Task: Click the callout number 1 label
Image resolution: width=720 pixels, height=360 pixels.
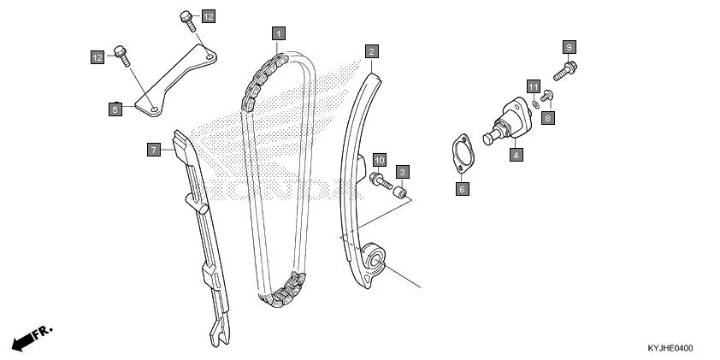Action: point(278,33)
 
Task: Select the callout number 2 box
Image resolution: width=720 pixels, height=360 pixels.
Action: point(371,51)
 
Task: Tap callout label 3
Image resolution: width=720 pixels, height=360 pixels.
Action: point(402,172)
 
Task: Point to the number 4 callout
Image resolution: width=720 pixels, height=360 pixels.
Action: point(516,155)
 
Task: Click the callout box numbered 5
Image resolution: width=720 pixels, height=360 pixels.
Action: point(115,109)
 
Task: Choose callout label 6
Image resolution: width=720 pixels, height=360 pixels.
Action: point(462,188)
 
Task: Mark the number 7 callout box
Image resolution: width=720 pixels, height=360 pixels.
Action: point(153,150)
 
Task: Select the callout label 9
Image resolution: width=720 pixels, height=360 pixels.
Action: point(570,46)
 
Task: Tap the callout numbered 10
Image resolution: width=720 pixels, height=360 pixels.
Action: point(380,160)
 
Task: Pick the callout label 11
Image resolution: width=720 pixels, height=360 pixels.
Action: point(533,87)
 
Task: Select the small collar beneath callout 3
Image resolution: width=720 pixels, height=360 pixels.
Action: point(399,192)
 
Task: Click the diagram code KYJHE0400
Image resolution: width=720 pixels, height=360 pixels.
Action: point(670,348)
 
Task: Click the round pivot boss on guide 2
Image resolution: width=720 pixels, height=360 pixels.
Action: point(374,256)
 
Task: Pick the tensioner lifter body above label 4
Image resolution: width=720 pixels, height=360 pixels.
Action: point(508,122)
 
